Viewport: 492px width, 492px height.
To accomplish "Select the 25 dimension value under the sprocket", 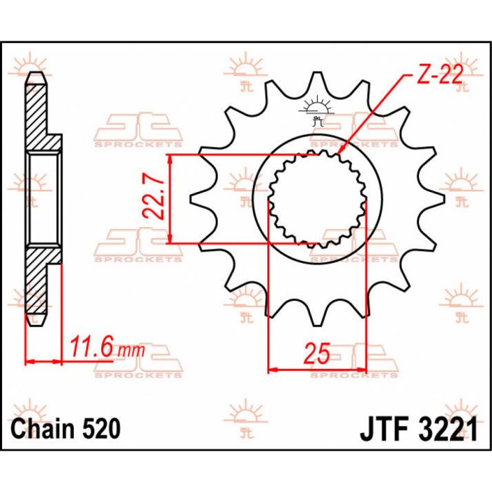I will (x=317, y=354).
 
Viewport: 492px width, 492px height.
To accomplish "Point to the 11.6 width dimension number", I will (x=91, y=347).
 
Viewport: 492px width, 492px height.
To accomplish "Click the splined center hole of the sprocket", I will (x=318, y=199).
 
